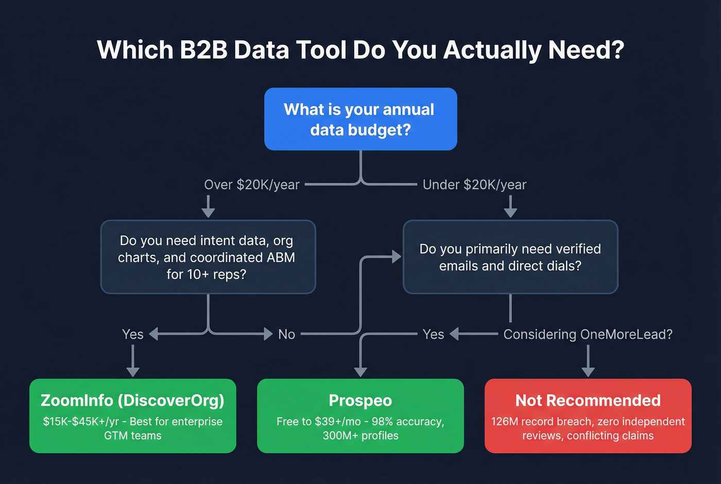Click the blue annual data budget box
[360, 119]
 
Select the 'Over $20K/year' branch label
[251, 185]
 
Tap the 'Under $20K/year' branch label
[474, 185]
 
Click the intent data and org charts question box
[208, 257]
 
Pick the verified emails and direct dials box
[510, 257]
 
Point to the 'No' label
[286, 335]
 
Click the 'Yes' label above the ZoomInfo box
[133, 335]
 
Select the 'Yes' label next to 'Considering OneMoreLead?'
[433, 335]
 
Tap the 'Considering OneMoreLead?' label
[588, 335]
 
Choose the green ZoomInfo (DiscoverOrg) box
[133, 416]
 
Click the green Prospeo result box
[360, 416]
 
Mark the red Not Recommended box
[588, 416]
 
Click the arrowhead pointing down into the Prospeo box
[360, 372]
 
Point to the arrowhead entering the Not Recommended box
[588, 372]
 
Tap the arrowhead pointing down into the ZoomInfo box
[133, 372]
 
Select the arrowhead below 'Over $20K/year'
[208, 213]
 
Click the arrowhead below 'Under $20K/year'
[510, 213]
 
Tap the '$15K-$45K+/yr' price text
[81, 422]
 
